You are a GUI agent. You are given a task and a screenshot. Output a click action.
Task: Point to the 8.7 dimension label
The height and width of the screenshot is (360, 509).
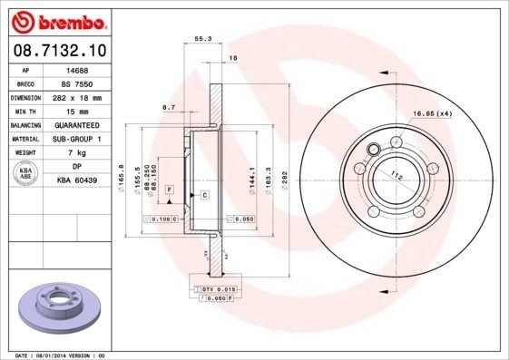click(169, 108)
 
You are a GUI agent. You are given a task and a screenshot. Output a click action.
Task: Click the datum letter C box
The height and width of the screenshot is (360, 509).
click(204, 195)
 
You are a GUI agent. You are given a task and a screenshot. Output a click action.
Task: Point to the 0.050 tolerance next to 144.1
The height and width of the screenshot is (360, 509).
click(240, 219)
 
